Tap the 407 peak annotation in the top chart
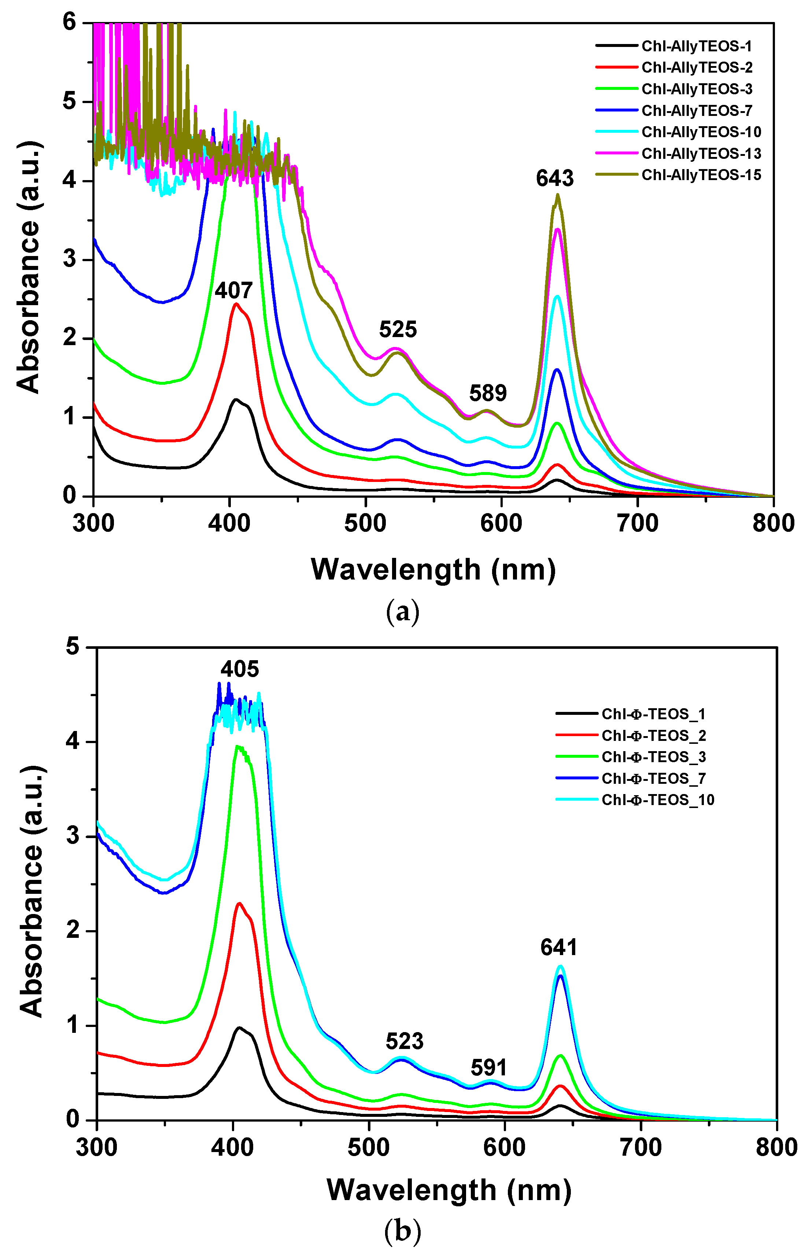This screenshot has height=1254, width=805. [234, 291]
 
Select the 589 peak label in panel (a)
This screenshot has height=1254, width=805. [488, 393]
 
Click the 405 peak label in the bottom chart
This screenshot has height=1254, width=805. [239, 669]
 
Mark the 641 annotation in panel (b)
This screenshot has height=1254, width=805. [559, 947]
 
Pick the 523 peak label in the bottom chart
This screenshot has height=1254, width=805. [405, 1041]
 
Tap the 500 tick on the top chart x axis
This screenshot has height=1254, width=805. [365, 523]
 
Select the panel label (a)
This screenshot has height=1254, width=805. [402, 611]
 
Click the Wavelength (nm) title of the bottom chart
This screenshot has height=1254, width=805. [449, 1190]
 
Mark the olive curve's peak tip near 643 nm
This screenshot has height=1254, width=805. [558, 195]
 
